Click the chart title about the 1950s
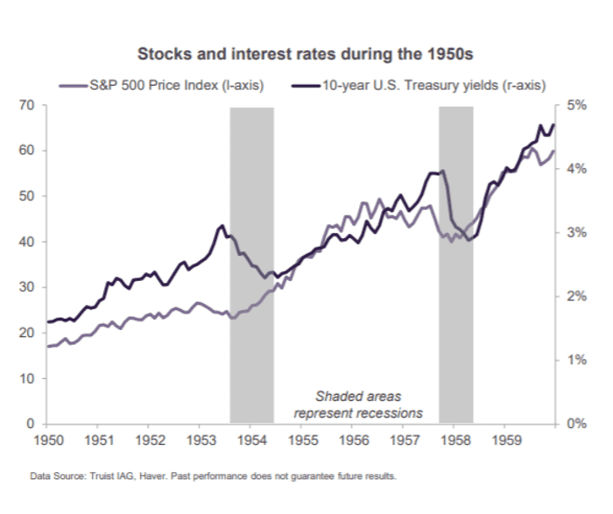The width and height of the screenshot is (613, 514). point(306,54)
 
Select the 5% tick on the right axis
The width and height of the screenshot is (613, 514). point(579,105)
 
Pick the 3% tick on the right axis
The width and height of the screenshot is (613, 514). point(579,233)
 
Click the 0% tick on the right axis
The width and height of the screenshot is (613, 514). point(579,425)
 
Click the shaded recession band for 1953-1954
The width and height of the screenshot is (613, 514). point(251,263)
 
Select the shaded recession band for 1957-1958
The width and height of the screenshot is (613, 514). point(456,263)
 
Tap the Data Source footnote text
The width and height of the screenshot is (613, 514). point(213,477)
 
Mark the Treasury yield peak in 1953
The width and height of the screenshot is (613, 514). point(220,226)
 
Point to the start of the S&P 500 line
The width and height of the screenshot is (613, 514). point(47,347)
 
